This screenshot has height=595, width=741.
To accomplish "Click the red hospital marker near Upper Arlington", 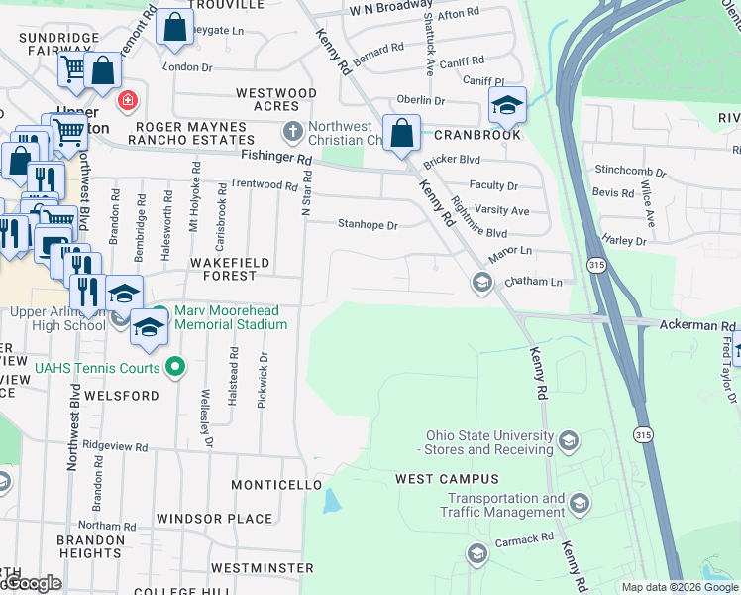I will pyautogui.click(x=127, y=100).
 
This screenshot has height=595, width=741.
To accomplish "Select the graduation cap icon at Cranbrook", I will pyautogui.click(x=506, y=105).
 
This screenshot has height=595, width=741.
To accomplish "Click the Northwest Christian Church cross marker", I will pyautogui.click(x=292, y=131).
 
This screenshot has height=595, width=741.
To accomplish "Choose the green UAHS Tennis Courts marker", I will pyautogui.click(x=175, y=368).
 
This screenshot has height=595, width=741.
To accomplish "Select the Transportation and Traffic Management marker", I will pyautogui.click(x=580, y=505).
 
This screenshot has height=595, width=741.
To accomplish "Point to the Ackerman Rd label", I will pyautogui.click(x=698, y=325).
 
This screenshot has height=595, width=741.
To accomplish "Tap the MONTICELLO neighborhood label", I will pyautogui.click(x=276, y=485).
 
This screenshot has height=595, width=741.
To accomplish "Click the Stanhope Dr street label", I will pyautogui.click(x=368, y=225).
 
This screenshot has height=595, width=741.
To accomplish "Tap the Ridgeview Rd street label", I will pyautogui.click(x=115, y=447).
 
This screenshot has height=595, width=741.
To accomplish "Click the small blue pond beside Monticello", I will pyautogui.click(x=330, y=500).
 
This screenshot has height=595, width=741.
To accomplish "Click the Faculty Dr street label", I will pyautogui.click(x=493, y=185).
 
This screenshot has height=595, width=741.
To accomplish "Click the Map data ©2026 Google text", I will pyautogui.click(x=679, y=587).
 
